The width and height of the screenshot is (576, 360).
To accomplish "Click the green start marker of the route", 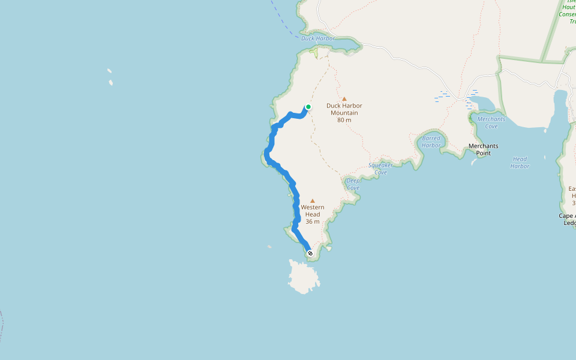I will [308, 107].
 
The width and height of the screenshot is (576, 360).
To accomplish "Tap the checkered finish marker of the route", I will [310, 253].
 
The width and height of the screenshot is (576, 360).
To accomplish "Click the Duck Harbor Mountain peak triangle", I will [344, 99].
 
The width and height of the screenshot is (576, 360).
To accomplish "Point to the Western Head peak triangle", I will [312, 201].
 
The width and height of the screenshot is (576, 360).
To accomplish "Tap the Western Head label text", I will [312, 211].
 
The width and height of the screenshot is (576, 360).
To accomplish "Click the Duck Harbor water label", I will [318, 38].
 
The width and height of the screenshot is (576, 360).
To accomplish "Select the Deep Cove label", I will [353, 184].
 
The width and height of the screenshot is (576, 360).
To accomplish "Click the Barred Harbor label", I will [431, 142].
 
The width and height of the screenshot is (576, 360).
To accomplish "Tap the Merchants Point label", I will [483, 149].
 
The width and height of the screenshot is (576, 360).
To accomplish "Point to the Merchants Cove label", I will [491, 122].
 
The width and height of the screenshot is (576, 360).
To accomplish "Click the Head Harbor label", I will [520, 162].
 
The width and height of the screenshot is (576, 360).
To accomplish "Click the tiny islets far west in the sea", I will [110, 77].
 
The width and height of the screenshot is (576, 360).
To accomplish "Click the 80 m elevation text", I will [344, 120].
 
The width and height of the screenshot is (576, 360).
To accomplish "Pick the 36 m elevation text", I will [312, 221].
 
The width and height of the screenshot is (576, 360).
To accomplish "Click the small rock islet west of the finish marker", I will [269, 247].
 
